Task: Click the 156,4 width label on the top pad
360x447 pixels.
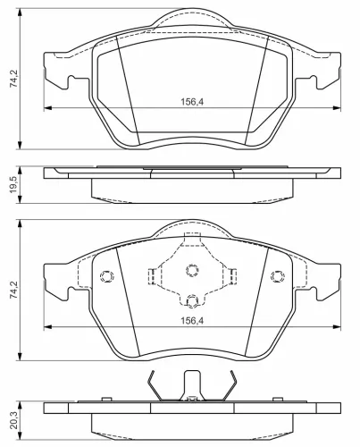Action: click(192, 102)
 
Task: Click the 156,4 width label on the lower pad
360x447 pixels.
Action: click(192, 321)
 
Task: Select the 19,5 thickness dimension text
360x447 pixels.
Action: click(13, 185)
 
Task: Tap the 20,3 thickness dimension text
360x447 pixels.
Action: click(13, 420)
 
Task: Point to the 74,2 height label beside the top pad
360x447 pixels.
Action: click(13, 79)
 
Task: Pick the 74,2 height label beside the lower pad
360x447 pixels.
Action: click(13, 290)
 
